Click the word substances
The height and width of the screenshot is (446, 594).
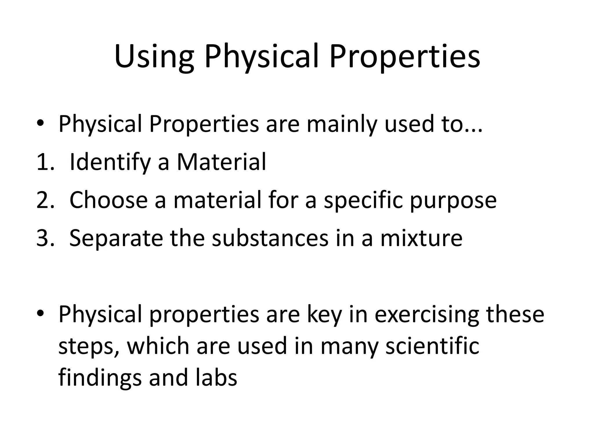(270, 238)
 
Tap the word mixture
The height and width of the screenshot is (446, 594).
(421, 238)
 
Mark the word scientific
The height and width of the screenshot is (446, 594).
(432, 346)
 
